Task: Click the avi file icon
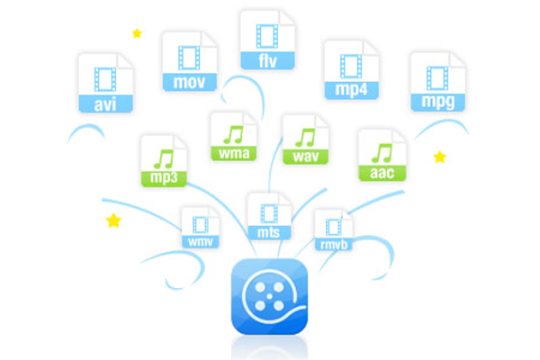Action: [105, 83]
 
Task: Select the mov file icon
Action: [190, 61]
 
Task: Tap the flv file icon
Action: [267, 40]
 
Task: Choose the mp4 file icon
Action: [351, 70]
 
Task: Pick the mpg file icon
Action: [437, 82]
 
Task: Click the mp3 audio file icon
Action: [164, 161]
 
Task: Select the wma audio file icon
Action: [234, 137]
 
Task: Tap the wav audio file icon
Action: [306, 139]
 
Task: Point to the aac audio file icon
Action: [382, 155]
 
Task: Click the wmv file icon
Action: [201, 228]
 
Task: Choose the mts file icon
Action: [269, 216]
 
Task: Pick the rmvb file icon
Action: [333, 230]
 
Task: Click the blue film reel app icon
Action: [270, 296]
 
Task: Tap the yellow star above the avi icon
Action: [137, 33]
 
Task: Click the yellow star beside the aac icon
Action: [440, 157]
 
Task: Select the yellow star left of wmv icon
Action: [113, 220]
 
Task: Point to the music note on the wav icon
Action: [305, 138]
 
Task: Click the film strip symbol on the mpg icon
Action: [437, 78]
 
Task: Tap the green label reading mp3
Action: [164, 178]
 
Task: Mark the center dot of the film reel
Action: [270, 296]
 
